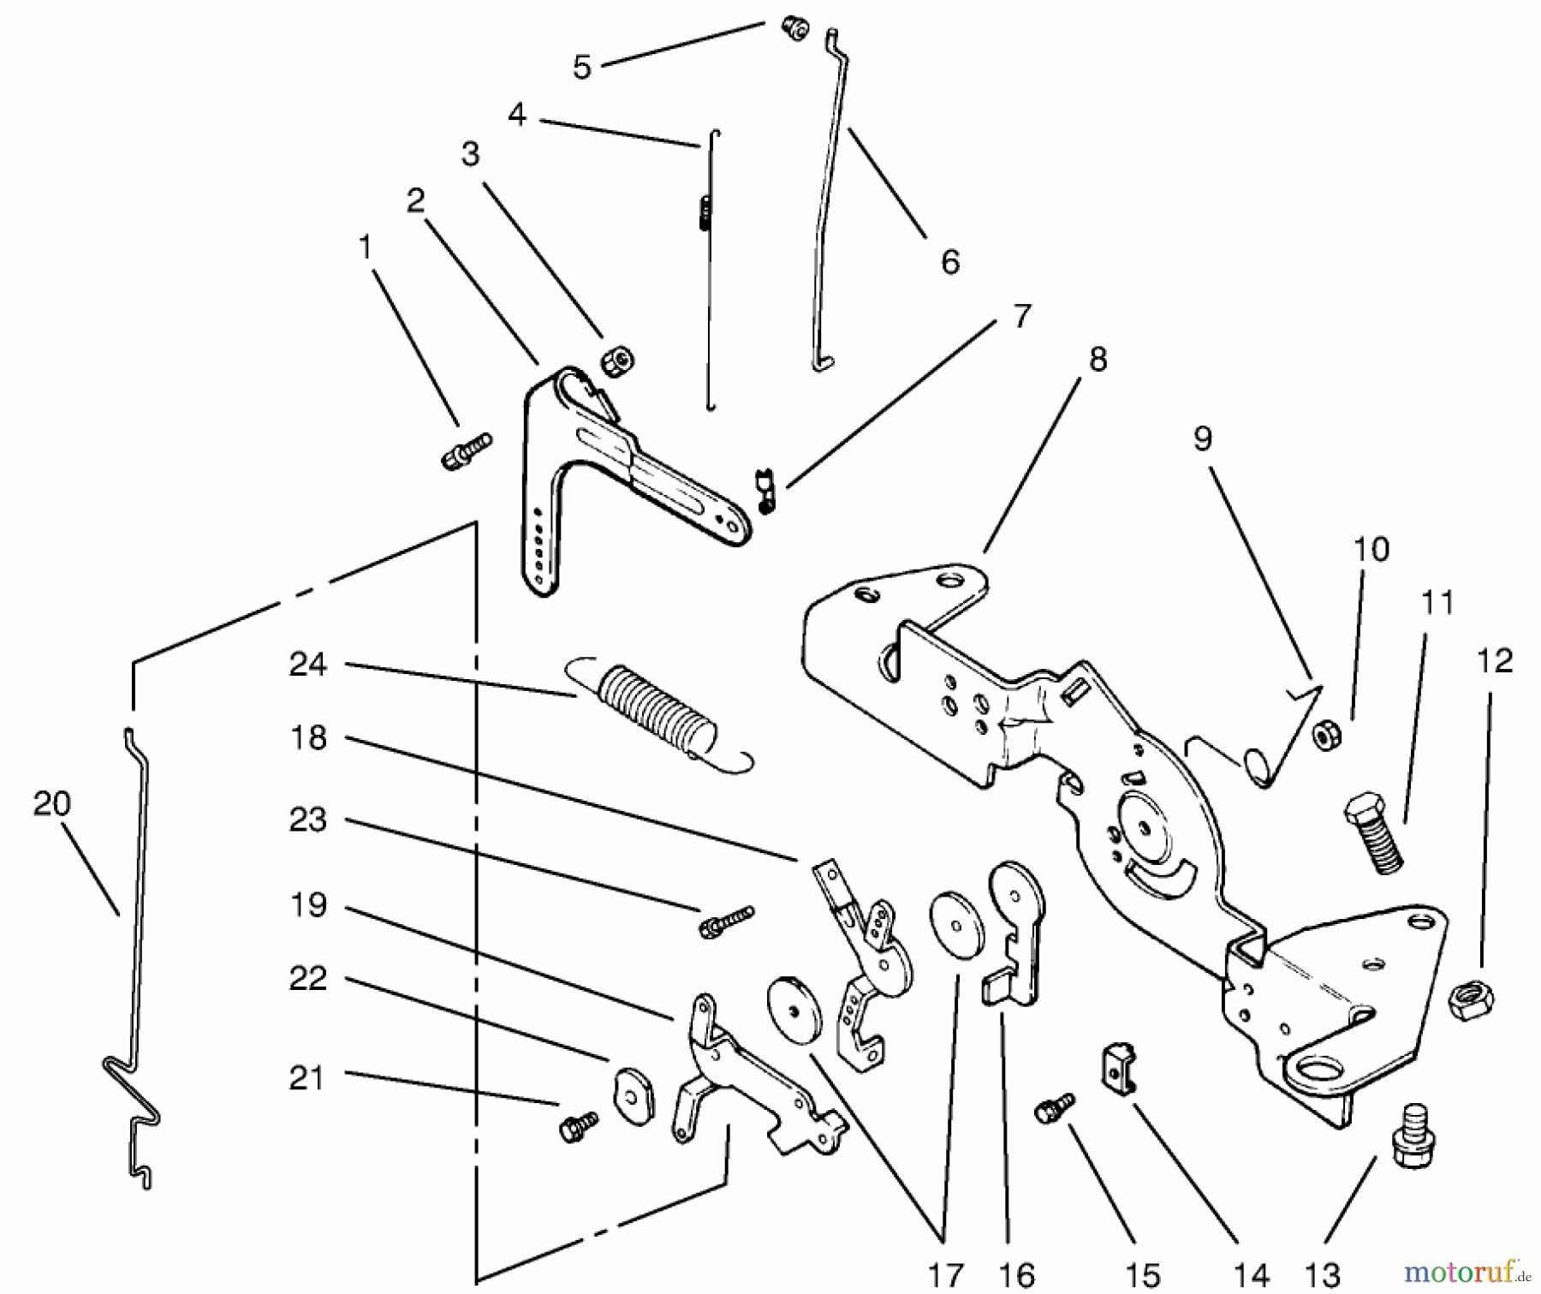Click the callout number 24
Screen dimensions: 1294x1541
click(x=307, y=664)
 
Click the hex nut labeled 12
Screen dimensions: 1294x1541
click(x=1471, y=1000)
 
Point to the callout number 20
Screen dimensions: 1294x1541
click(x=51, y=803)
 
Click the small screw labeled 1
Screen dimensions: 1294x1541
click(x=466, y=451)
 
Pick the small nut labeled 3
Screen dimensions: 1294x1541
click(x=616, y=361)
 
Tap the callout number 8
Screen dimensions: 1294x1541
click(x=1098, y=359)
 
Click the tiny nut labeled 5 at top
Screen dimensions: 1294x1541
click(x=795, y=29)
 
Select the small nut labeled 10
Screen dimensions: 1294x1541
click(x=1327, y=735)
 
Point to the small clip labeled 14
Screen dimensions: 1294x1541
click(x=1117, y=1067)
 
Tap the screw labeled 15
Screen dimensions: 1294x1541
click(x=1055, y=1108)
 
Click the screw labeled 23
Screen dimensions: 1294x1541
click(x=726, y=921)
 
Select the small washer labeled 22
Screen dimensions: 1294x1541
click(x=634, y=1095)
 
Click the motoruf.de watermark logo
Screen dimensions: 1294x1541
click(x=1466, y=1270)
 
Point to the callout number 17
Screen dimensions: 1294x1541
click(x=945, y=1275)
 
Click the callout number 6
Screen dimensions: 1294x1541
click(x=949, y=261)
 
